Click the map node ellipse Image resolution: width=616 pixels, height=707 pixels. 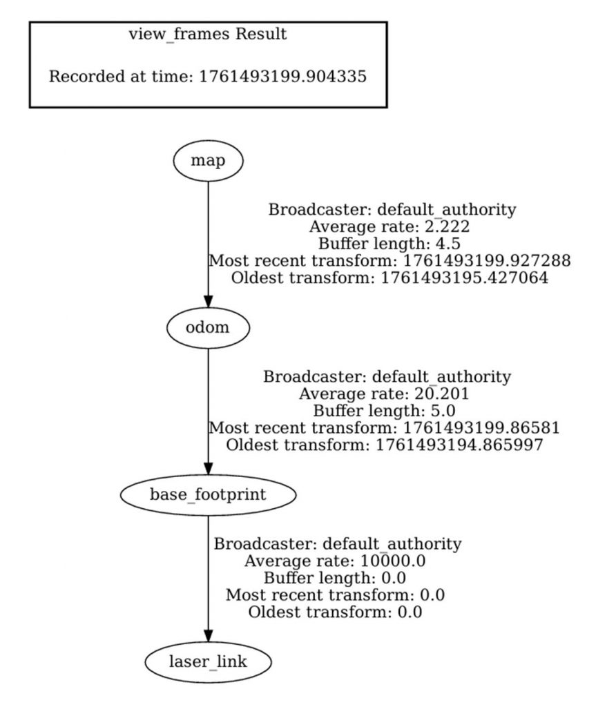coord(208,160)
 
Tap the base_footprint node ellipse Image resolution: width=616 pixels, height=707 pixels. coord(208,494)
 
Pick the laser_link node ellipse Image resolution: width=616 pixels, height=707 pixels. coord(208,662)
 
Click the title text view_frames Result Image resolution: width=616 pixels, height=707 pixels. coord(207,34)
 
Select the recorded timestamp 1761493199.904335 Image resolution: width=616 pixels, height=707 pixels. coord(283,76)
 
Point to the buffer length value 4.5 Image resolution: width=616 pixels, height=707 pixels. coord(447,244)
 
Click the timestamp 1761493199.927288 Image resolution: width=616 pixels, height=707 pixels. coord(488,262)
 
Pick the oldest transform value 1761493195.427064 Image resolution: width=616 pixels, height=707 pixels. coord(465,279)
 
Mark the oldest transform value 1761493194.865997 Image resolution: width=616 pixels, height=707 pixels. coord(459,445)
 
